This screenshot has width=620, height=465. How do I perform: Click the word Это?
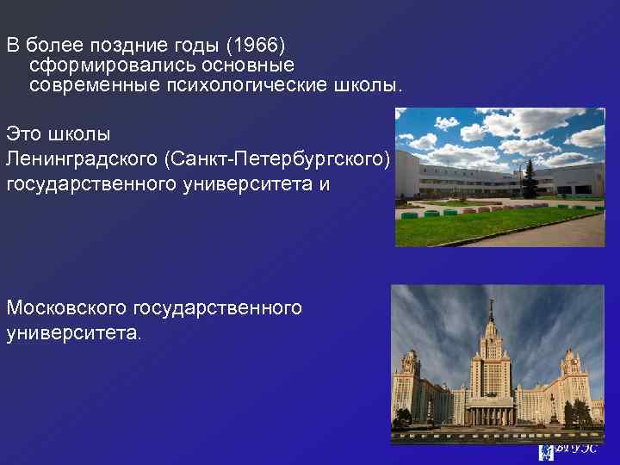click(23, 135)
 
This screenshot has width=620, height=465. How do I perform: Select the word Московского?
click(65, 307)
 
